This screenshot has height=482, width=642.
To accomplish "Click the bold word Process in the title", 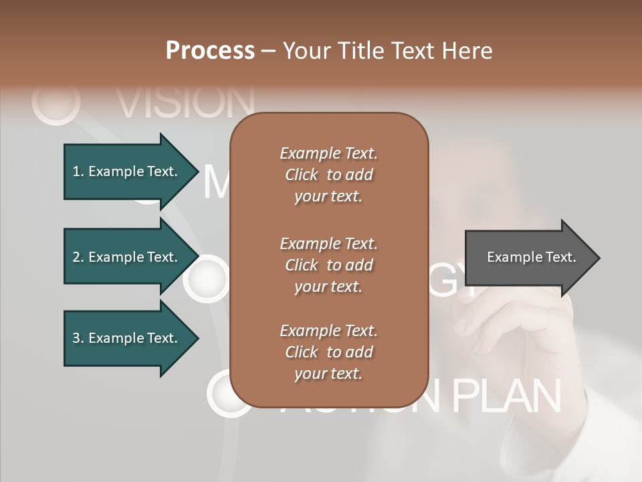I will click(x=210, y=51).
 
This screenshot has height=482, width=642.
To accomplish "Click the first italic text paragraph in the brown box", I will click(x=328, y=175).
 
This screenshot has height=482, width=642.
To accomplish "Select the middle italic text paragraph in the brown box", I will click(x=328, y=265).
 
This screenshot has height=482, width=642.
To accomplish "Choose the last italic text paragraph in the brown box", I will click(x=328, y=352).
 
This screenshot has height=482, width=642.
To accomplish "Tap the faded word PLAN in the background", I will click(x=506, y=396).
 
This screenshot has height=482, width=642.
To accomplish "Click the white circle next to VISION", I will click(x=56, y=103).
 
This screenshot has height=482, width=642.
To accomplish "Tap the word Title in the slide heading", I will click(x=361, y=51).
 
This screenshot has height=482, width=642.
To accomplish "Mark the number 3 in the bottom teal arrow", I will click(x=76, y=338).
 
